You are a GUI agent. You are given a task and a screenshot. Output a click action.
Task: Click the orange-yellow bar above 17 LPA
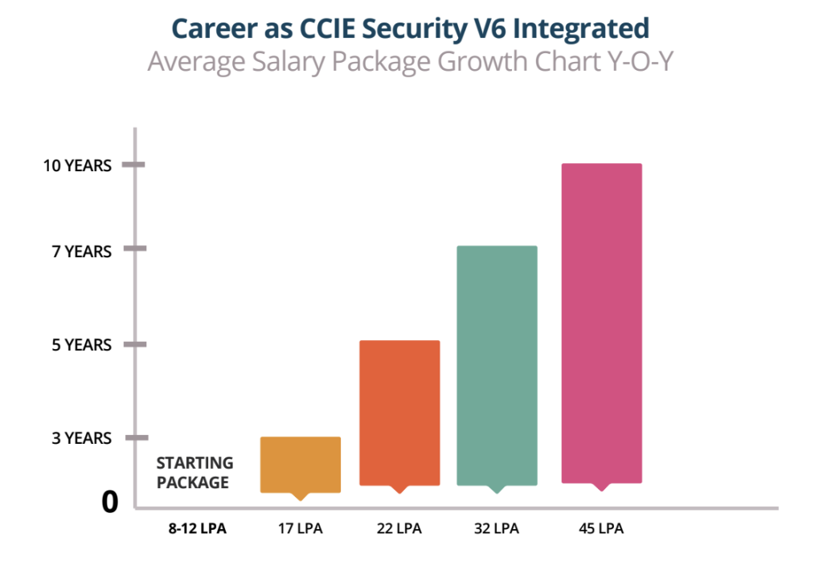[x=301, y=465]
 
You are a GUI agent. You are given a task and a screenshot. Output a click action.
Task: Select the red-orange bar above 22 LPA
[x=399, y=413]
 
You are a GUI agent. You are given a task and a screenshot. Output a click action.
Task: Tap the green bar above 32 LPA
[x=497, y=365]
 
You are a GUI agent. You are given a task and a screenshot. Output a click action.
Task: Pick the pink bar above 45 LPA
[x=601, y=322]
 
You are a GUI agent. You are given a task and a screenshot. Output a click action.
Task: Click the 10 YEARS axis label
[x=77, y=166]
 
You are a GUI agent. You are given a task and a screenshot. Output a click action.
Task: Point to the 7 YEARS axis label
[x=82, y=252]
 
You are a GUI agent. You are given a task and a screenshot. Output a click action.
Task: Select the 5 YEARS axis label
[x=82, y=345]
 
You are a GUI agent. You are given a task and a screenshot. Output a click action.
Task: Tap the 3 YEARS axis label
[x=82, y=438]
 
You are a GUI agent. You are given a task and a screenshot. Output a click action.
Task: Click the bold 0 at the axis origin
[x=110, y=503]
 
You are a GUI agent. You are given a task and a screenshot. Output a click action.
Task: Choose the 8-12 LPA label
[x=193, y=529]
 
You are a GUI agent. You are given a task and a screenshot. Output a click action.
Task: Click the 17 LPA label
[x=301, y=529]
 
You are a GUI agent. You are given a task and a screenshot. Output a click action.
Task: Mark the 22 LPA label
[x=399, y=529]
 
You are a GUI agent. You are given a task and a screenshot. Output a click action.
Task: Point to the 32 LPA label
[x=496, y=529]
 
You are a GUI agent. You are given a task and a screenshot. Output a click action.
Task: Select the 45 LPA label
[x=601, y=529]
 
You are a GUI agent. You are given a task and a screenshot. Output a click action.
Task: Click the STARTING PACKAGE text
[x=194, y=473]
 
